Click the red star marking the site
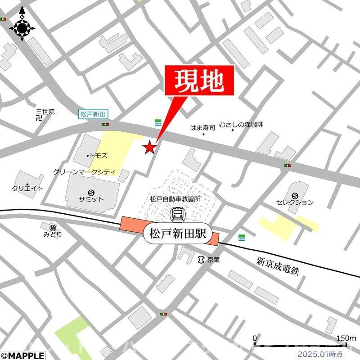click(150, 147)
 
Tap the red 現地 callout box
click(199, 80)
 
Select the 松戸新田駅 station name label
click(177, 234)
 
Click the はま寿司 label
click(203, 128)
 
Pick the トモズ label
click(99, 155)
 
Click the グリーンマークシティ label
click(84, 172)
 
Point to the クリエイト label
click(28, 189)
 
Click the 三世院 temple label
click(45, 112)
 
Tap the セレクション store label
click(295, 202)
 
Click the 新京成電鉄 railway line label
click(278, 266)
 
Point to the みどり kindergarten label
click(53, 234)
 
